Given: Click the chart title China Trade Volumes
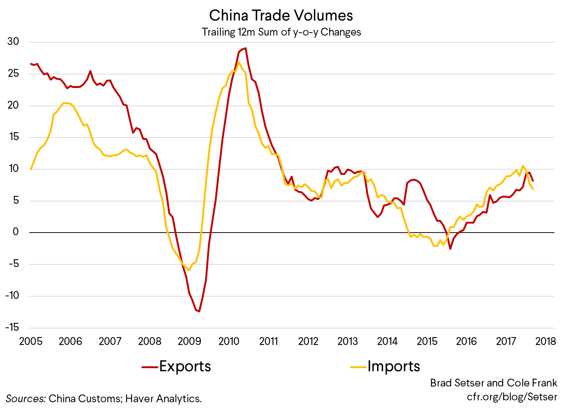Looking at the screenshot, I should [x=281, y=16].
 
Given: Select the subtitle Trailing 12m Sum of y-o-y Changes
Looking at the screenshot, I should [x=281, y=32].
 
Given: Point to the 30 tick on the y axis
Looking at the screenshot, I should [x=13, y=42].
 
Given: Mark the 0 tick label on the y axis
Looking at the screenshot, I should [x=16, y=232].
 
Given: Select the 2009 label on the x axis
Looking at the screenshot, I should [x=189, y=341].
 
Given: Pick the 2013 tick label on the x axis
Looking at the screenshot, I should [x=348, y=341].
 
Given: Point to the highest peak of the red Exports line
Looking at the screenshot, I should [x=245, y=48].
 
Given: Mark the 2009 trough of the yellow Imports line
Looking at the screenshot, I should [x=189, y=270].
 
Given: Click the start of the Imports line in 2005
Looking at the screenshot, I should [x=31, y=169].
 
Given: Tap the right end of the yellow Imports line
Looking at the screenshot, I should [x=533, y=189].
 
